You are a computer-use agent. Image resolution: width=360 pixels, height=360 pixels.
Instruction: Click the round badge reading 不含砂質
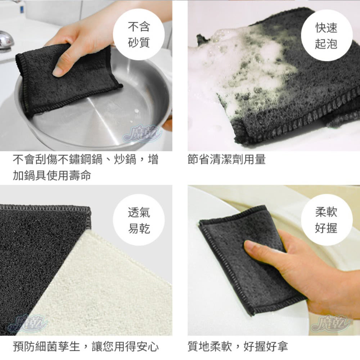(x=139, y=35)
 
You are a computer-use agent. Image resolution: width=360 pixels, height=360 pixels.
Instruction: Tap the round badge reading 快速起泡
(x=326, y=35)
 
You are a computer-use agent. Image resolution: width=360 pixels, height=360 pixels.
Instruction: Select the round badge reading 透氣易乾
(x=139, y=220)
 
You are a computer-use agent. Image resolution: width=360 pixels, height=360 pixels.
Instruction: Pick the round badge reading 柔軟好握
(x=326, y=220)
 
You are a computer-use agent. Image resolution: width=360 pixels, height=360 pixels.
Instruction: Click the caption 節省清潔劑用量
(x=226, y=159)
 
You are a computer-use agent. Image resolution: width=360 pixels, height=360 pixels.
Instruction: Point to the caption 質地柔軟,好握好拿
(x=238, y=347)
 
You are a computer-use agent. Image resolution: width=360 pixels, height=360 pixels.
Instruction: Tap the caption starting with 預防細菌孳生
(x=86, y=347)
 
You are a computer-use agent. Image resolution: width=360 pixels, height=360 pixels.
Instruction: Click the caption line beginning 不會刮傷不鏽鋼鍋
(x=86, y=159)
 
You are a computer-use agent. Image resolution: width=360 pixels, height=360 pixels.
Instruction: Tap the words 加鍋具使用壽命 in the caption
(x=52, y=175)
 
